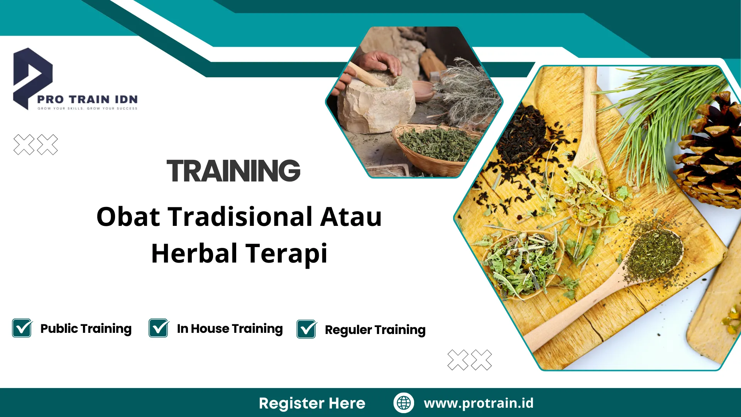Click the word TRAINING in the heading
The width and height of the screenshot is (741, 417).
pos(233,171)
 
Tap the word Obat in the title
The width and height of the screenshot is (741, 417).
pos(128,217)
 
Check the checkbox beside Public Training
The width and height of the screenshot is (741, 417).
pos(22,329)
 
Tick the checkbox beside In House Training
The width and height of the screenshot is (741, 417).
pos(159,329)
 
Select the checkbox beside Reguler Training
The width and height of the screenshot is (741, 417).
pos(306,329)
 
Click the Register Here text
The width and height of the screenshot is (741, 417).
pos(312,403)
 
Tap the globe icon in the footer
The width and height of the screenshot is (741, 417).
pos(404,403)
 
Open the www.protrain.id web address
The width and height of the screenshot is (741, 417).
pos(479,403)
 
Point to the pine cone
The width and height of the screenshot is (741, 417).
pos(712,154)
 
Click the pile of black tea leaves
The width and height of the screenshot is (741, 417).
pos(521,135)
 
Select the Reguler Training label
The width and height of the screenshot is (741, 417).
pos(375,330)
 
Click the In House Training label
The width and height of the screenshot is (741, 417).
pos(230,329)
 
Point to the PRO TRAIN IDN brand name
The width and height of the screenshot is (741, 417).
pos(87,100)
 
